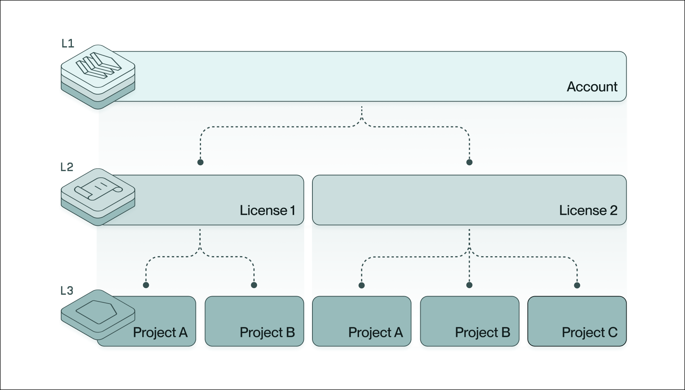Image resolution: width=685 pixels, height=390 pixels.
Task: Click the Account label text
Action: coord(592,87)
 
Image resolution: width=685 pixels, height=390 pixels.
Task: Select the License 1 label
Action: coord(267,210)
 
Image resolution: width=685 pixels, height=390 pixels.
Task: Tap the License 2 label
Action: coord(588,210)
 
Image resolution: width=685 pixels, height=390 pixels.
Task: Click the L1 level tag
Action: coord(68,44)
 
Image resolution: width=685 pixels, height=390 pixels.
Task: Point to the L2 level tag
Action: coord(67,167)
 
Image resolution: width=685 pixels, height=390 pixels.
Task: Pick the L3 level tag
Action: coord(67,291)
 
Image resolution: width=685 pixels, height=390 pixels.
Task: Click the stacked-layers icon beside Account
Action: coord(98,77)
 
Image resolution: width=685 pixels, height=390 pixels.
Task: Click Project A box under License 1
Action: coord(146,321)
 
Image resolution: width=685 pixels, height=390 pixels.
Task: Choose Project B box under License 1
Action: coord(254,321)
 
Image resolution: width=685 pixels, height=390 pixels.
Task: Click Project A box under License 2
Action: coord(362,321)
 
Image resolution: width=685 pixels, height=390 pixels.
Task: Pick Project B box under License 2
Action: coord(470,321)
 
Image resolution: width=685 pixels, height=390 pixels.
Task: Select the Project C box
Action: coord(577,321)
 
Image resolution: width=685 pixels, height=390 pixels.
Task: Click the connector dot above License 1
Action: coord(200,162)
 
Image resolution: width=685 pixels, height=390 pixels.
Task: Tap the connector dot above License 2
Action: coord(469,162)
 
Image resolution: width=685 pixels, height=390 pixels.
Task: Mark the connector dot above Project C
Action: coord(577,285)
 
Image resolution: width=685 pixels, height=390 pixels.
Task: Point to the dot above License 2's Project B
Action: coord(469,285)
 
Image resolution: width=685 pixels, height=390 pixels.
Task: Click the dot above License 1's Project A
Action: coord(146,285)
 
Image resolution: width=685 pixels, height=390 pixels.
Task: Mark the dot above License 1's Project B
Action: coord(254,285)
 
